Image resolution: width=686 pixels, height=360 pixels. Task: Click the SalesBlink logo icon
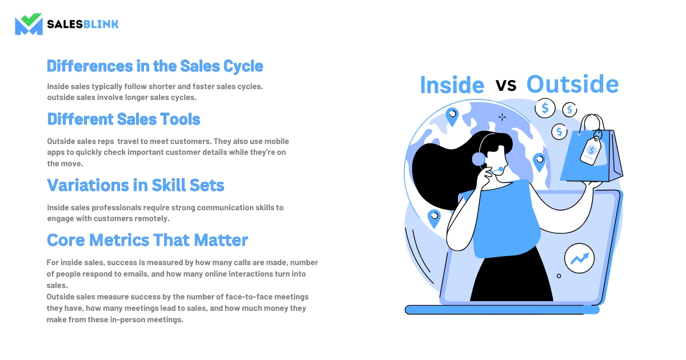point(29,24)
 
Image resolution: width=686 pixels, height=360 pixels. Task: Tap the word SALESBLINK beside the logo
point(83,24)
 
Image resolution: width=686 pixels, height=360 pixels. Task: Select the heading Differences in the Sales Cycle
point(155,66)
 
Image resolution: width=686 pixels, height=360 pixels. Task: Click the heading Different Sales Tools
point(123,119)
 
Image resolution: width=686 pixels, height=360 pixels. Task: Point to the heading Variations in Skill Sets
point(135,185)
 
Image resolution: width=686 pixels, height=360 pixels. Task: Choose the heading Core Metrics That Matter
point(147,240)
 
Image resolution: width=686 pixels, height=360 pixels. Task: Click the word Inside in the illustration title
point(452,85)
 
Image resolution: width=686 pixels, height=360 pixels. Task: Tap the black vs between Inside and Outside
point(506,85)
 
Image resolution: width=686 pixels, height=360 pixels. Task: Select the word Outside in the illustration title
point(573,84)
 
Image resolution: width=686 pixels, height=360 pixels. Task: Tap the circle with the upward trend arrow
point(580,258)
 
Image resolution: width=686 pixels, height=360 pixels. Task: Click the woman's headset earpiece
point(478,159)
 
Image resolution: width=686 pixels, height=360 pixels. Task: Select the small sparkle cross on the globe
point(502,117)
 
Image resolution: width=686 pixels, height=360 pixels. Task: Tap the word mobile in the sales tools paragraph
point(277,141)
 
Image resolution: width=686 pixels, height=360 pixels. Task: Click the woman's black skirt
point(512,275)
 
